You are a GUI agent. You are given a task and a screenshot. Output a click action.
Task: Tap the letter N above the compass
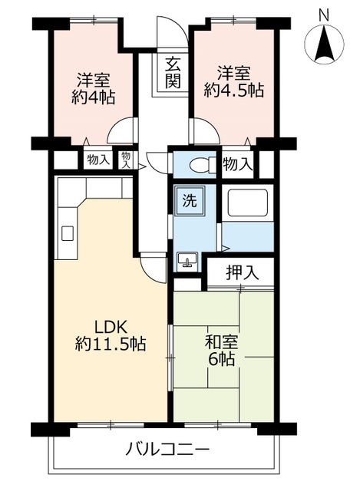tap(324, 13)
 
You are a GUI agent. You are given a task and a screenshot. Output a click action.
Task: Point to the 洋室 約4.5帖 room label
tap(234, 81)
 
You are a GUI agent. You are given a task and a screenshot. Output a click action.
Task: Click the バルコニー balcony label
tap(167, 450)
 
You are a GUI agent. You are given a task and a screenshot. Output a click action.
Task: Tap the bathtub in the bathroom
tap(247, 206)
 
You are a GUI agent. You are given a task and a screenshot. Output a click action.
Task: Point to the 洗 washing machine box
tap(188, 202)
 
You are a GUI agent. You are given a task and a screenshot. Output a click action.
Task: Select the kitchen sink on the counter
tap(67, 232)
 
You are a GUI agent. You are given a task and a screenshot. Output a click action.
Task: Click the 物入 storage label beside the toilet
tap(237, 163)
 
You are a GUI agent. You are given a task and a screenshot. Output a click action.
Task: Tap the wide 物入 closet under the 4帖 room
tap(97, 160)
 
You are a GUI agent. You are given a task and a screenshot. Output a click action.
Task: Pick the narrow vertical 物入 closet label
tap(127, 160)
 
